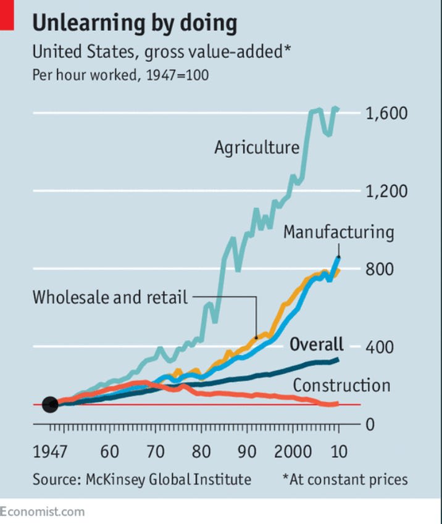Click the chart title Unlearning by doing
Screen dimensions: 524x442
(x=135, y=23)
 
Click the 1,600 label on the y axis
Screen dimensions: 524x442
(x=386, y=114)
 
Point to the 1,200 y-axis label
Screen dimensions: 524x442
(x=386, y=191)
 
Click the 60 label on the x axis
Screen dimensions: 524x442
(x=109, y=451)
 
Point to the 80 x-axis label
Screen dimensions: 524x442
(x=201, y=451)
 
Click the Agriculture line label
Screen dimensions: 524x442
(x=257, y=148)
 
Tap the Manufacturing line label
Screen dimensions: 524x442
(x=338, y=232)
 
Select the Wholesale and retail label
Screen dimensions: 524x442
(x=110, y=297)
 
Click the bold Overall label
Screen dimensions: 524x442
(x=317, y=344)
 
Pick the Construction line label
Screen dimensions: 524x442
(x=341, y=386)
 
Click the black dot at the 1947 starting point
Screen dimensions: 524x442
(x=50, y=405)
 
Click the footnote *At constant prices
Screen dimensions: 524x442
(x=345, y=480)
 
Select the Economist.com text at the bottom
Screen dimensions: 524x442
(x=43, y=512)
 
